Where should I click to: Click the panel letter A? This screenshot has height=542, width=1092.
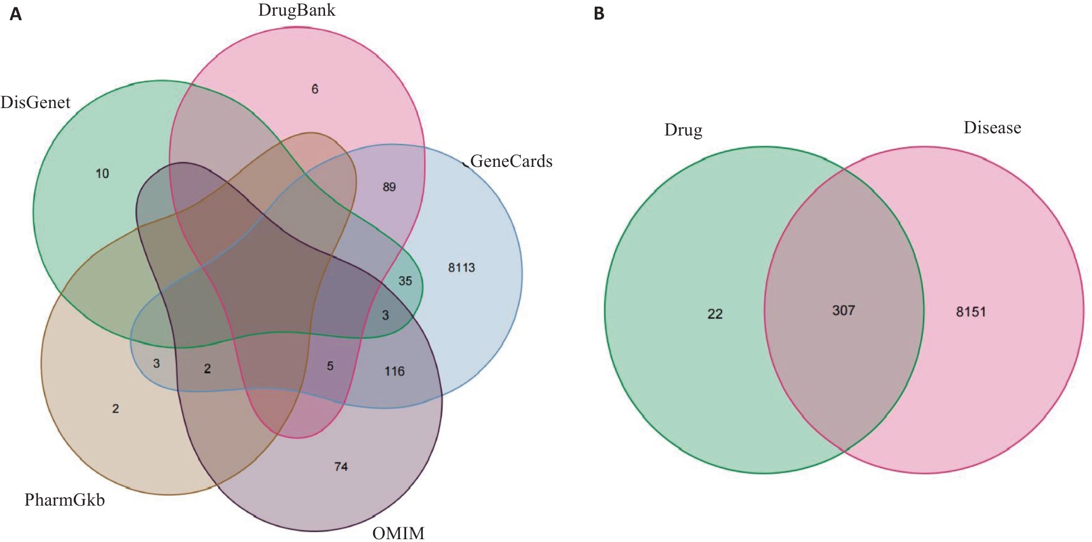coord(16,13)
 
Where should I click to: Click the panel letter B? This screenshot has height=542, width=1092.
coord(599,13)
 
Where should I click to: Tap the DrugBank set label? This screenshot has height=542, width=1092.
coord(296,10)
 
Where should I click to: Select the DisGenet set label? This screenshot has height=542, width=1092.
coord(35,102)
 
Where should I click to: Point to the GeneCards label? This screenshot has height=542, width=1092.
coord(511,161)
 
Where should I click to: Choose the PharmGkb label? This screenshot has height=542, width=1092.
coord(64,499)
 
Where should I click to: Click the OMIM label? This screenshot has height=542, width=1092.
coord(398,532)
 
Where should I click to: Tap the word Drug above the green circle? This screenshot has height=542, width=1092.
coord(683,130)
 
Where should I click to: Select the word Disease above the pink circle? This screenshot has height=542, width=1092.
coord(992,128)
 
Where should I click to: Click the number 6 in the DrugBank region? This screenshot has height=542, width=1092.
coord(315,89)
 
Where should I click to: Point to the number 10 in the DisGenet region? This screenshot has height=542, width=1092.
coord(102,174)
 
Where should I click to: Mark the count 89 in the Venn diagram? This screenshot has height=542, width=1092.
coord(389,187)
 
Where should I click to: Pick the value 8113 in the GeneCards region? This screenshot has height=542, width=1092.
coord(462,268)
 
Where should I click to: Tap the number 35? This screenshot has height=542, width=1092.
coord(405,281)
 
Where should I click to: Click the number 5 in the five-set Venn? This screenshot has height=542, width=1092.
coord(330,366)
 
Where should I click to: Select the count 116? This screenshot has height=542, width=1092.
coord(394,371)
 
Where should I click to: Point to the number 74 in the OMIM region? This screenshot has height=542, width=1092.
coord(341,466)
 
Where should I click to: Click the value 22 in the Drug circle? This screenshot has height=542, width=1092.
coord(715,314)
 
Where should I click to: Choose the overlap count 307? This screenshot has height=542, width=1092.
coord(844,310)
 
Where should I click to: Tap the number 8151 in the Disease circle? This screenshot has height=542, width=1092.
coord(971,312)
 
